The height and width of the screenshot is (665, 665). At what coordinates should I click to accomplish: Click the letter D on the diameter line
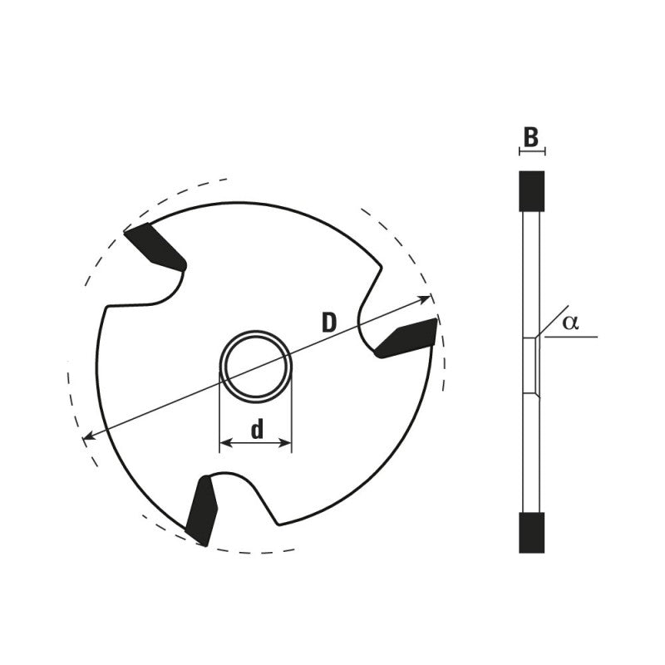329,323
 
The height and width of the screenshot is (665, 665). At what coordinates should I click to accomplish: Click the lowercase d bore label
257,429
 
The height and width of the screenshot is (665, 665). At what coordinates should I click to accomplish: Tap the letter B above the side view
531,137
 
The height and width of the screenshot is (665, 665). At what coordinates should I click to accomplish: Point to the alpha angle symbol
569,323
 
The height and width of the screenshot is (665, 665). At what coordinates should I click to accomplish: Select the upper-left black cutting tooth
155,245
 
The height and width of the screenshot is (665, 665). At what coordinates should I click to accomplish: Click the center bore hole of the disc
256,366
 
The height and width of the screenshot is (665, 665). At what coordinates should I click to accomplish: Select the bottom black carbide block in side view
531,532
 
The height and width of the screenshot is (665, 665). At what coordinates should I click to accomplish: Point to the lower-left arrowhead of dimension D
87,436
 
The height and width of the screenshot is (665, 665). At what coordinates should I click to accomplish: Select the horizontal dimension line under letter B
531,151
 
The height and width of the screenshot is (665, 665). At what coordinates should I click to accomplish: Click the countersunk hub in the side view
531,366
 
